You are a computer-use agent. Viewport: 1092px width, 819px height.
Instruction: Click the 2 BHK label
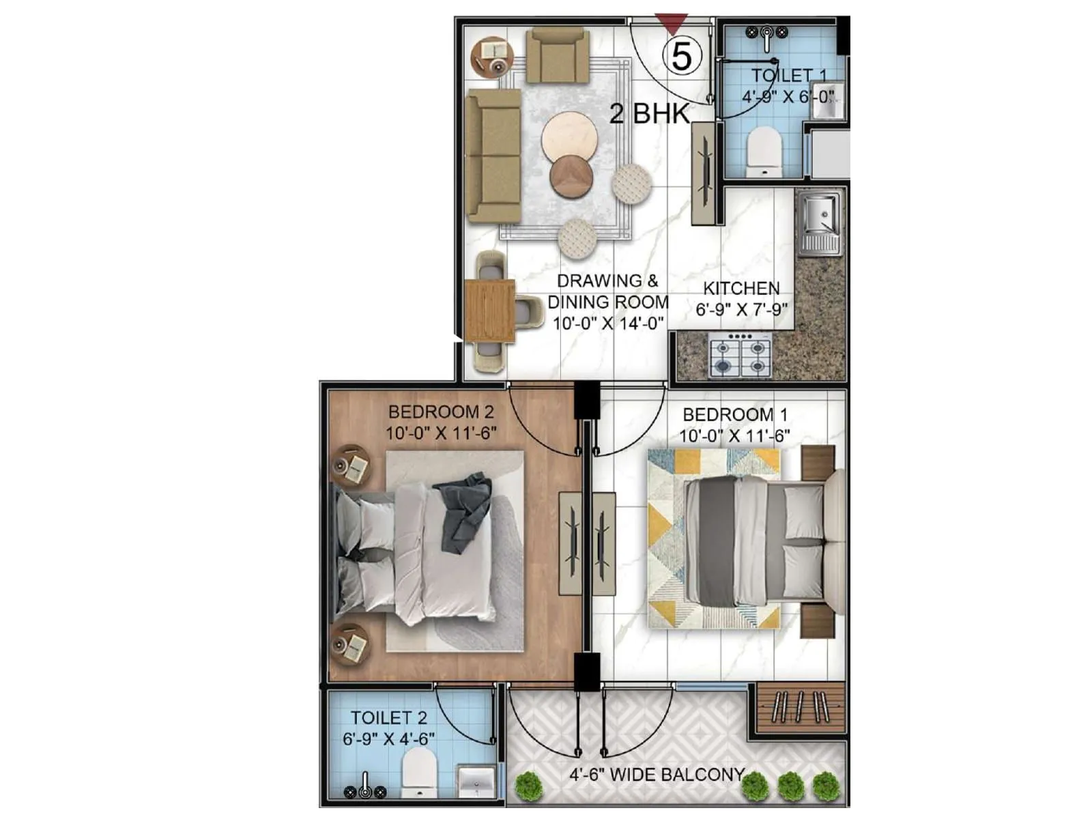click(x=648, y=113)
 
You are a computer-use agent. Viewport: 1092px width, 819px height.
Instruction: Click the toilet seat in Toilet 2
click(x=418, y=772)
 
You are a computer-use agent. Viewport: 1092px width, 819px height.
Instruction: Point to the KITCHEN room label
click(x=741, y=288)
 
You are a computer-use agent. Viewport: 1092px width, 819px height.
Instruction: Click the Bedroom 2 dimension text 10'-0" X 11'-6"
click(x=440, y=433)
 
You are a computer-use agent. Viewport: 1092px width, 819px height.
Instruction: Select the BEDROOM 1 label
click(x=735, y=414)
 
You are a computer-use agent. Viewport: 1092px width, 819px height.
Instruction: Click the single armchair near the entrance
click(x=557, y=56)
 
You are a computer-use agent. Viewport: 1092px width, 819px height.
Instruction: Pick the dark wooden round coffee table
click(x=571, y=176)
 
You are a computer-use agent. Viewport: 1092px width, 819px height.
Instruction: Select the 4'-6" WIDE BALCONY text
click(x=657, y=775)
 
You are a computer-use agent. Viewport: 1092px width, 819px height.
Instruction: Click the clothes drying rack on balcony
click(x=799, y=706)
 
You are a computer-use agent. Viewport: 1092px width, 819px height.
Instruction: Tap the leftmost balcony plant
click(x=529, y=785)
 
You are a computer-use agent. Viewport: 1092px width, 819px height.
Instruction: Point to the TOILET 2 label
click(x=389, y=718)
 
